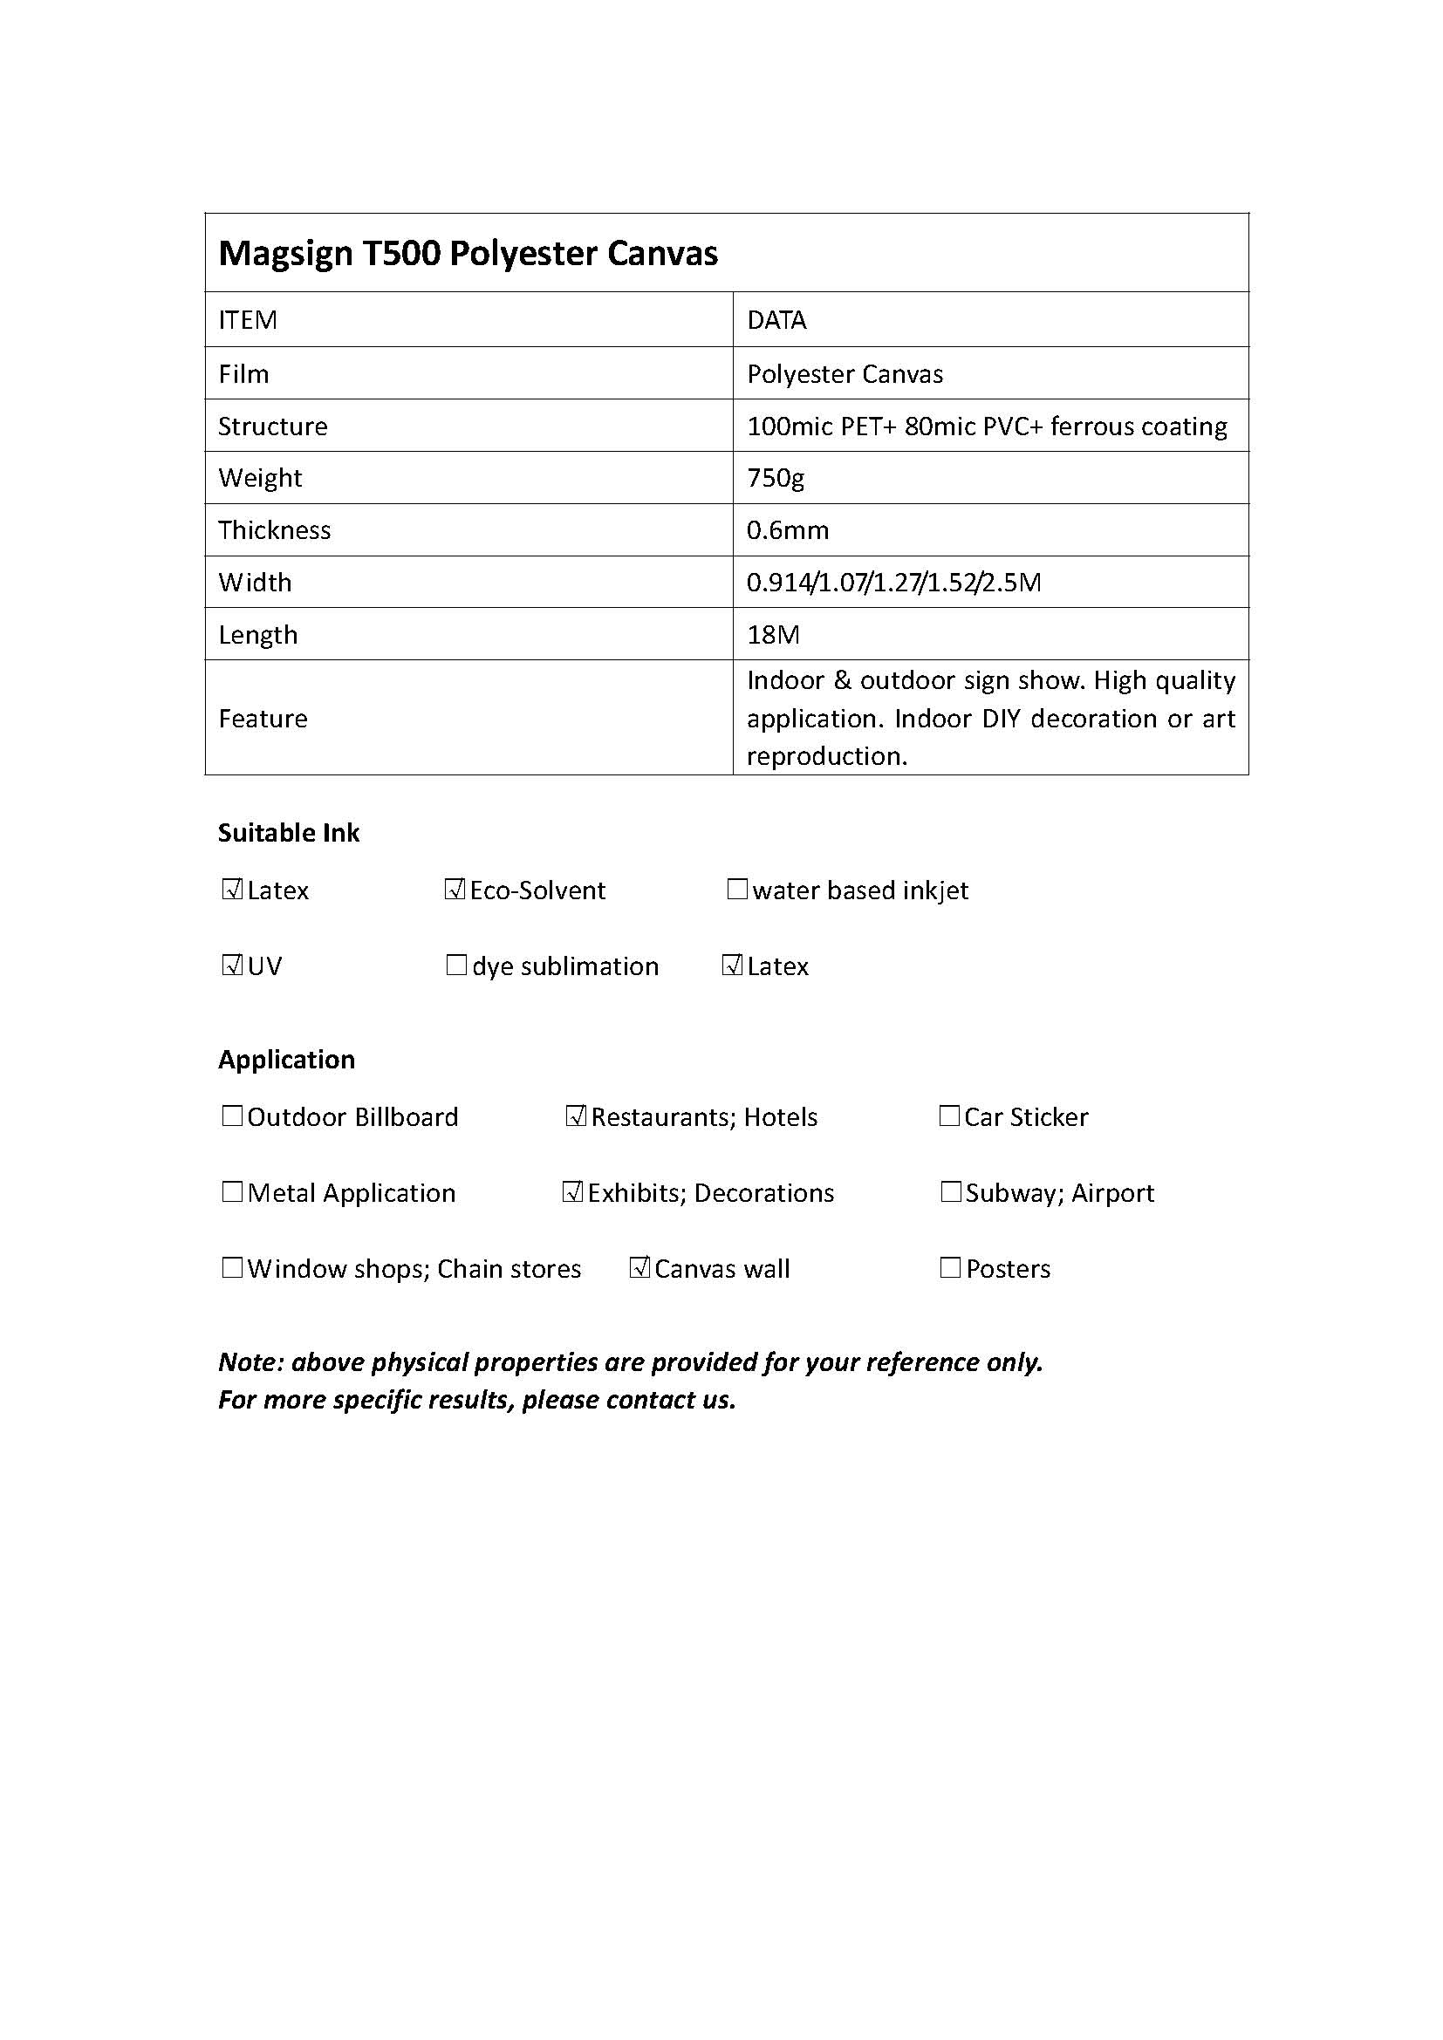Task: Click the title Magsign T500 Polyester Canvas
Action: [x=468, y=253]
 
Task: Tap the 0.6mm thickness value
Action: [x=787, y=530]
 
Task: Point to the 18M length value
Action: [x=773, y=634]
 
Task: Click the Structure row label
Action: [x=273, y=426]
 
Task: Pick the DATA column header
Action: [x=776, y=320]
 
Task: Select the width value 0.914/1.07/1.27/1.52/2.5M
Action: [x=893, y=583]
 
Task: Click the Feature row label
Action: [x=263, y=718]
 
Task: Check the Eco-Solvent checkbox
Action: [x=455, y=890]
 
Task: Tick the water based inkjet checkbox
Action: [x=736, y=890]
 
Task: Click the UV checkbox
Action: [x=232, y=965]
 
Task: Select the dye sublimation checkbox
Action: [x=455, y=965]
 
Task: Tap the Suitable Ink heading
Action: [x=289, y=833]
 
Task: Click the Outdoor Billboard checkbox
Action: [x=232, y=1116]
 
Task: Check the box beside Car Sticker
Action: [x=949, y=1116]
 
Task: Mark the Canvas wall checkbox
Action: [x=639, y=1268]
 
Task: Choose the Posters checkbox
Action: [x=950, y=1268]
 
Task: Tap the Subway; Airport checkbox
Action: [x=951, y=1191]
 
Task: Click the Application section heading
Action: [x=286, y=1059]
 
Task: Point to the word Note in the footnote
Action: [x=249, y=1362]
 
